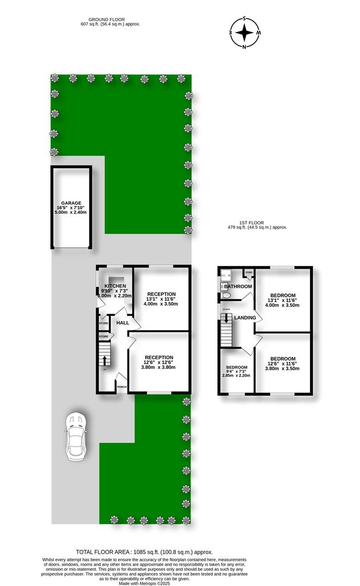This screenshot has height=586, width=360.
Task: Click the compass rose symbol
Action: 245,33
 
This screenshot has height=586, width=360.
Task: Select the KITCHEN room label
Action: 115,286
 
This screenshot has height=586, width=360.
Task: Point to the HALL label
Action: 123,323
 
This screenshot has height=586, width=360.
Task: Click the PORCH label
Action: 122,387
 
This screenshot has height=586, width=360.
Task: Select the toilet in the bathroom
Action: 226,295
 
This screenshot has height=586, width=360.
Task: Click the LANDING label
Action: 245,317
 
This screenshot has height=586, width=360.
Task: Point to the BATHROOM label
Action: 238,286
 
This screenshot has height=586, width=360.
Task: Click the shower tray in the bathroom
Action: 226,276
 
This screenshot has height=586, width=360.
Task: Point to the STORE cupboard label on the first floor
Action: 249,272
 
